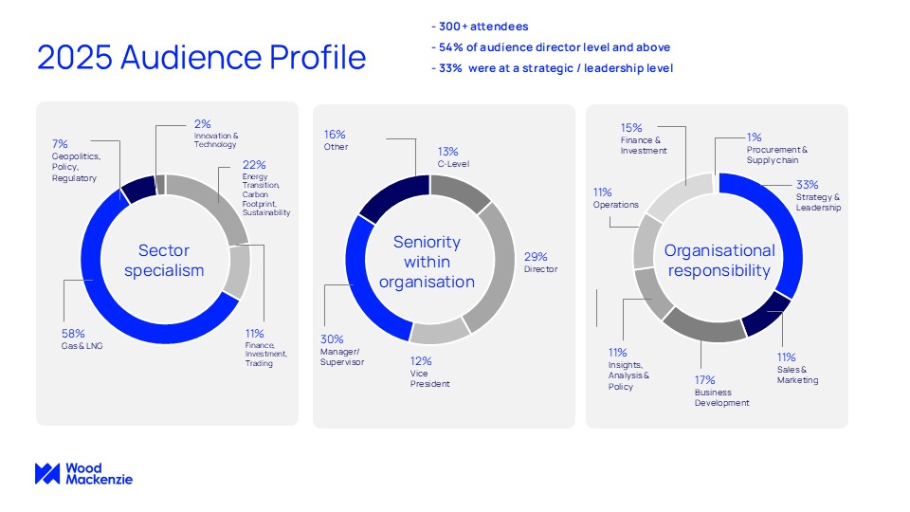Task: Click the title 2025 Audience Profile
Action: click(x=201, y=57)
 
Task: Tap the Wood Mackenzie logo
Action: click(x=83, y=474)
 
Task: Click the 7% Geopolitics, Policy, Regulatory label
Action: click(x=75, y=160)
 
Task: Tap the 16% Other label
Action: click(x=337, y=140)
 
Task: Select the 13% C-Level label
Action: click(x=447, y=156)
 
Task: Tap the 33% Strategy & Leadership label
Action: click(x=818, y=195)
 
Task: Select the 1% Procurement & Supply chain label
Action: click(x=776, y=148)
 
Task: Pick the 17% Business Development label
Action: click(x=721, y=390)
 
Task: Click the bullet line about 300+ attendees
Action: click(x=482, y=26)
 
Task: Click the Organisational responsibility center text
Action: click(x=719, y=261)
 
